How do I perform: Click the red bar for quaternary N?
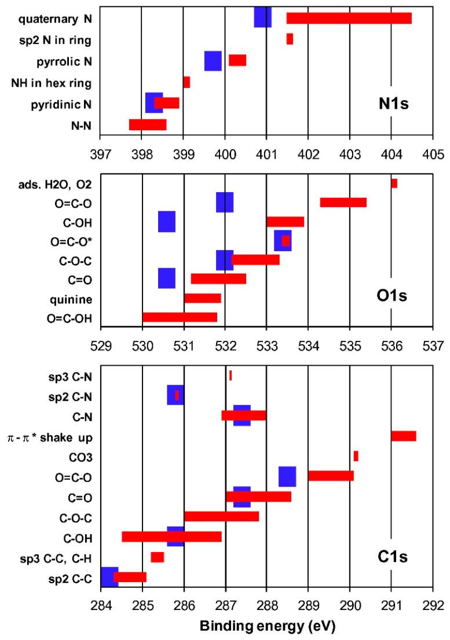tap(349, 18)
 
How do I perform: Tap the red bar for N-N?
tap(148, 124)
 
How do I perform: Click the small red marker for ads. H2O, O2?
tap(394, 183)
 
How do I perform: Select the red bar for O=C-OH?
tap(180, 317)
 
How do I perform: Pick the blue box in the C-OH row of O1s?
tap(167, 222)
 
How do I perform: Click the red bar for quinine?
tap(203, 298)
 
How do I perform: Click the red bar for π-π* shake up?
tap(403, 436)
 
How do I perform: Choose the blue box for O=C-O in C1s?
tap(287, 476)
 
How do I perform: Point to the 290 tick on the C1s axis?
tap(349, 607)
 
